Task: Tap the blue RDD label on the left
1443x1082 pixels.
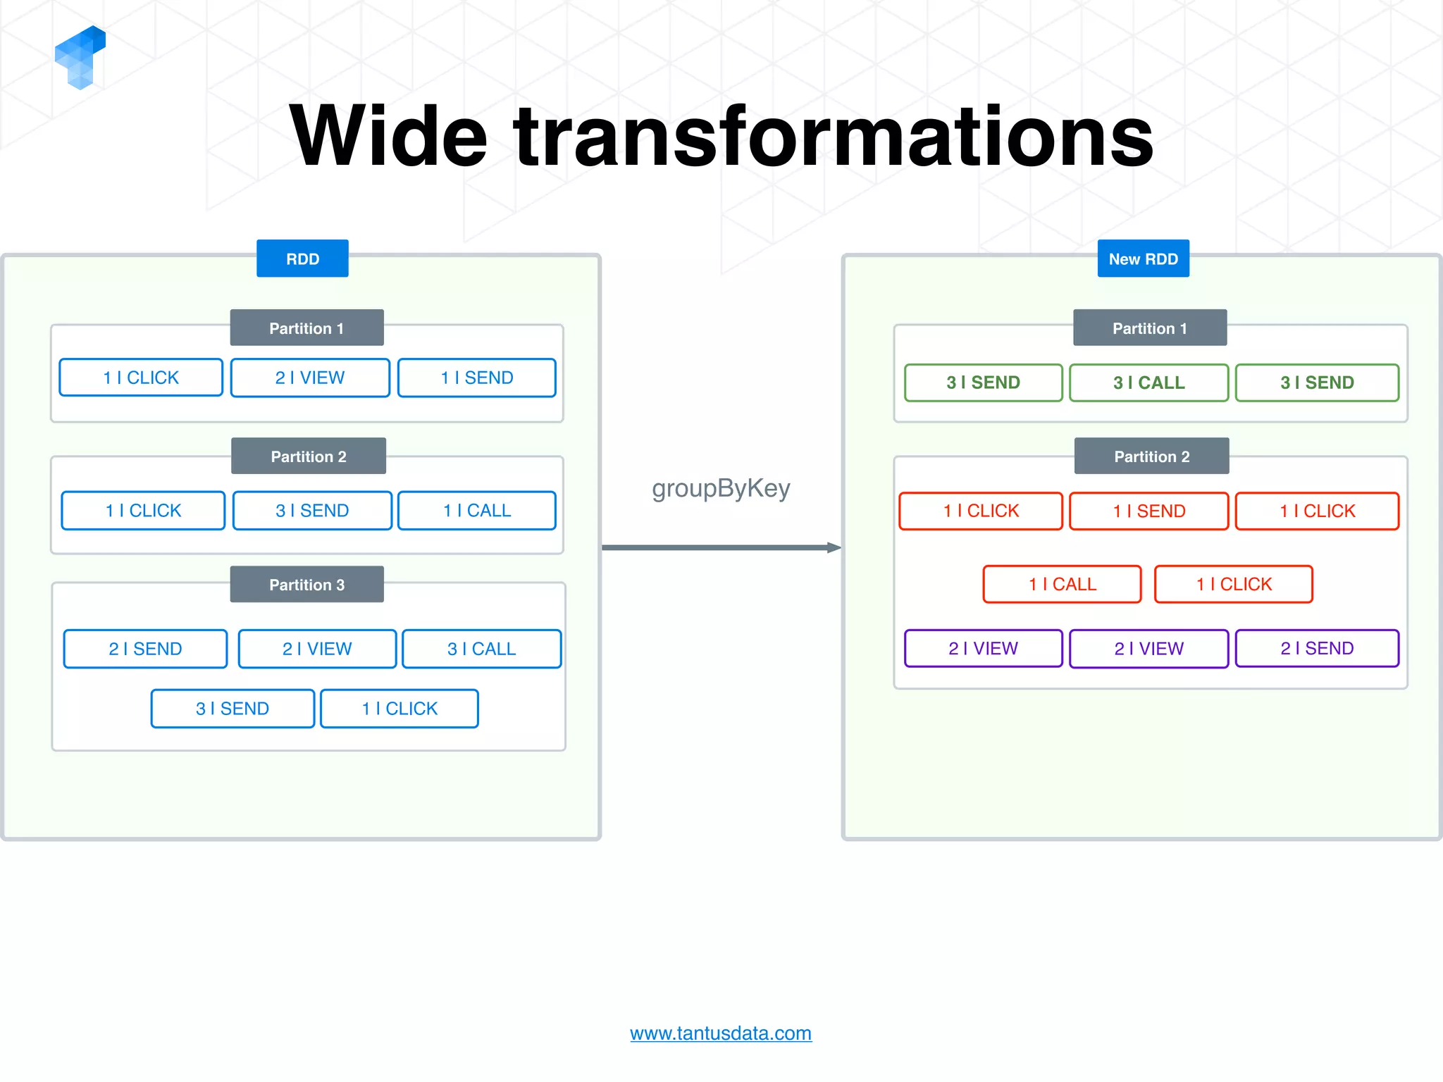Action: (302, 259)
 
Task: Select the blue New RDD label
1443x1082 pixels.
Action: (1143, 259)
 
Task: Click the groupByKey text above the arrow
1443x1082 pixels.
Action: (721, 488)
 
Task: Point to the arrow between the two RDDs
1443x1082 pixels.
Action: (721, 547)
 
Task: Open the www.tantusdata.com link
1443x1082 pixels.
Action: (721, 1033)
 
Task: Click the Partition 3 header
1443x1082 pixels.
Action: (306, 585)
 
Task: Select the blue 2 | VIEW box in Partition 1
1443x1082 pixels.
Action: (310, 378)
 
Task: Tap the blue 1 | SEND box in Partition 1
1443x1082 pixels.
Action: (477, 378)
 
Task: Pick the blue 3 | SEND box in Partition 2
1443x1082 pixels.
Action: (312, 511)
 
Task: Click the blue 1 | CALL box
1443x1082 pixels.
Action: (477, 511)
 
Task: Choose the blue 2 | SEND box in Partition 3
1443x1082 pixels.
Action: (145, 649)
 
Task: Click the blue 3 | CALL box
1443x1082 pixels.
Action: (482, 649)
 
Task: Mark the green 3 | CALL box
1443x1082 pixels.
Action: (1148, 383)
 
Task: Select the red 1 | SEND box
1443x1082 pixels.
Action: (1148, 511)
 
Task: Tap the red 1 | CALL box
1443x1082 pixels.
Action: (1062, 584)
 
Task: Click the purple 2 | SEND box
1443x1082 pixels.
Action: (1317, 648)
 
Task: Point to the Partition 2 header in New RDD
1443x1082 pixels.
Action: (1151, 456)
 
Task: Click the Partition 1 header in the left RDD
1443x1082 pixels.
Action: (306, 328)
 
